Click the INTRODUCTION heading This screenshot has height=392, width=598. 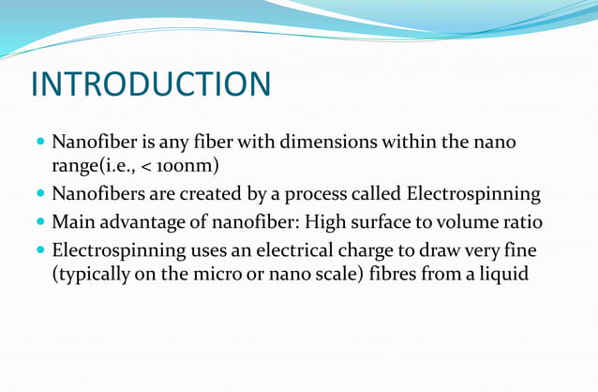[x=151, y=83]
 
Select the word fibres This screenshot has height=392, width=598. [x=408, y=277]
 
